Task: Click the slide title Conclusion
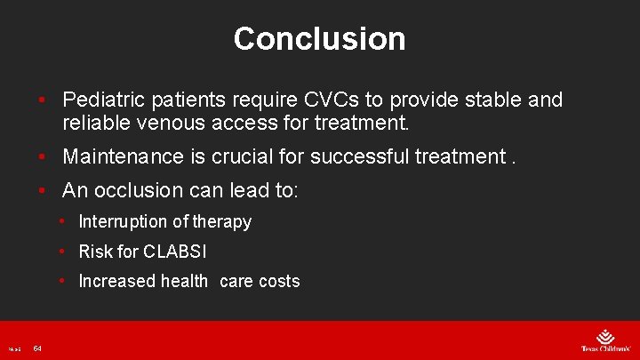coord(319,38)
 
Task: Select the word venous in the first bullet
coord(164,123)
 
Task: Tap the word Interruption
coord(123,221)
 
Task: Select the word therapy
coord(222,221)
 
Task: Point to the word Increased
coord(116,281)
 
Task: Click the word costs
coord(279,281)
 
